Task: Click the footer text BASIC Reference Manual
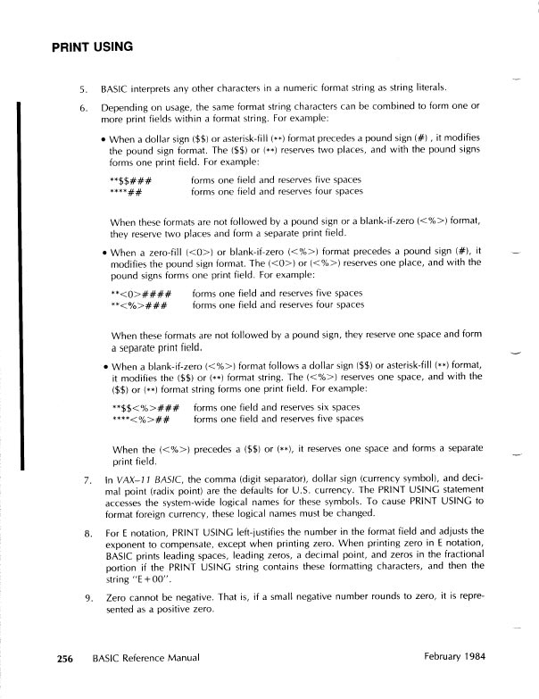click(145, 659)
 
